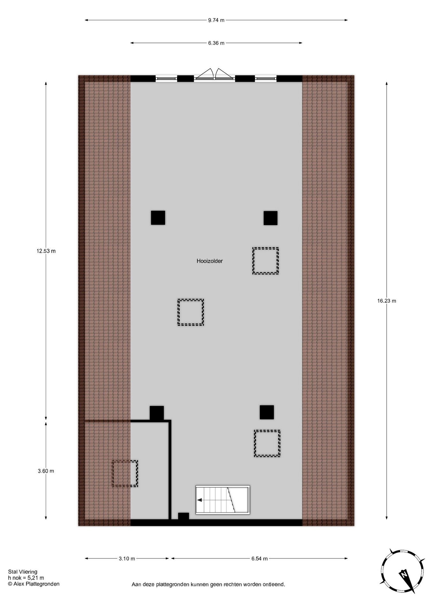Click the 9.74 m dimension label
216,20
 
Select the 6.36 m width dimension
216,43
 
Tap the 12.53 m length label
46,251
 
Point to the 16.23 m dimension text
387,301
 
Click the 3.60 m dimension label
46,471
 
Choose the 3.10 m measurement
127,558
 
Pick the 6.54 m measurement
259,558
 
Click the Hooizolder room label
209,261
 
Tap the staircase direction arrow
200,500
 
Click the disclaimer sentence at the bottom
208,585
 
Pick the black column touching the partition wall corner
157,413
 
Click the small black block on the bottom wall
183,516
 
